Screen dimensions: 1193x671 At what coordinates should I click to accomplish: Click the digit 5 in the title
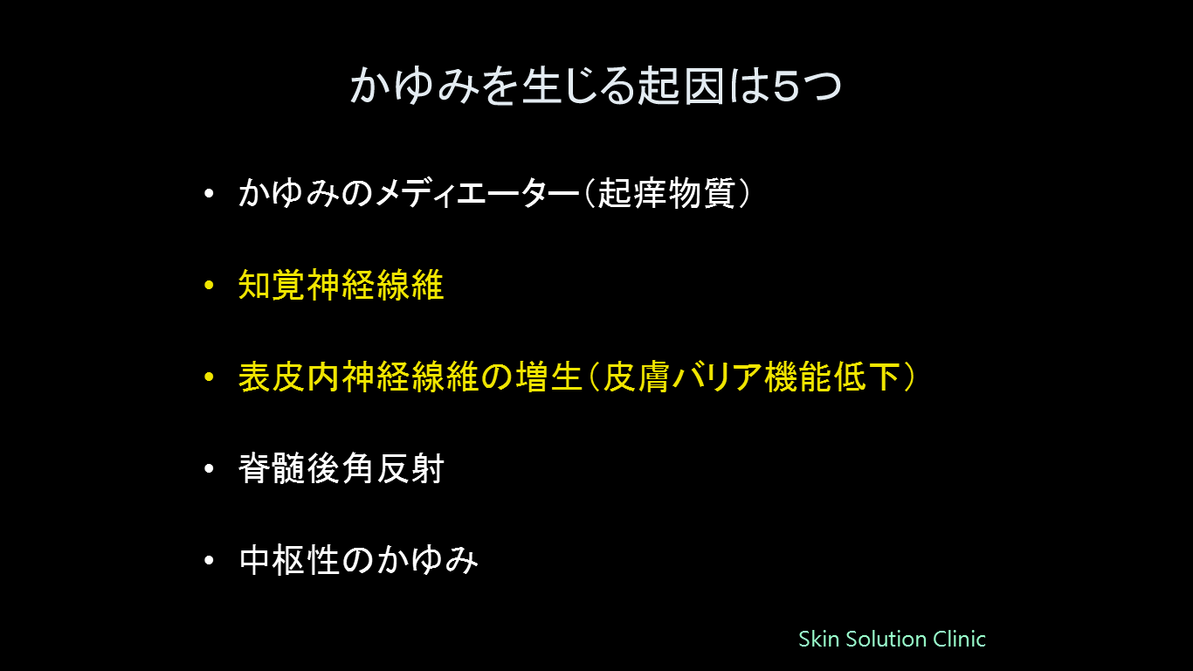[x=786, y=86]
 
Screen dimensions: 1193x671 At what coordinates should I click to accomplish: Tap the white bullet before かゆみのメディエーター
[x=209, y=193]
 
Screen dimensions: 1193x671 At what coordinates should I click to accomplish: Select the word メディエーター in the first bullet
[x=477, y=192]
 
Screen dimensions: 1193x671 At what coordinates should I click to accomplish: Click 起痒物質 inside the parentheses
[x=666, y=192]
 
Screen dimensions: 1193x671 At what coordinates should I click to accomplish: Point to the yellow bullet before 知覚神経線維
[x=209, y=285]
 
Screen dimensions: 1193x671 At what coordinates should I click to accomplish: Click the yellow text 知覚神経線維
[x=341, y=285]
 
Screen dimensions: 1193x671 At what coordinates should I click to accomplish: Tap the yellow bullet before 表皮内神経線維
[x=209, y=377]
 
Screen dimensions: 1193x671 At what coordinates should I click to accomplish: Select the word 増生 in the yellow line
[x=548, y=377]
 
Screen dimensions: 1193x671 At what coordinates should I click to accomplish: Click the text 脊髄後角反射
[x=341, y=468]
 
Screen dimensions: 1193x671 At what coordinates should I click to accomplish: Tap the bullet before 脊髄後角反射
[x=209, y=468]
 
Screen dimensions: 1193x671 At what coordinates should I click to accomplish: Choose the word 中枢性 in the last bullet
[x=289, y=560]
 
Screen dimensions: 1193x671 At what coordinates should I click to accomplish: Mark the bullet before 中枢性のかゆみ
[x=209, y=560]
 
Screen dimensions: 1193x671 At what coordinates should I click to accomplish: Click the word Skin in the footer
[x=818, y=639]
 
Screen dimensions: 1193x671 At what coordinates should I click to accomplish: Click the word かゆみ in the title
[x=415, y=86]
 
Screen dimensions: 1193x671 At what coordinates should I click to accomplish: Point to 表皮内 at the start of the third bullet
[x=289, y=377]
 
